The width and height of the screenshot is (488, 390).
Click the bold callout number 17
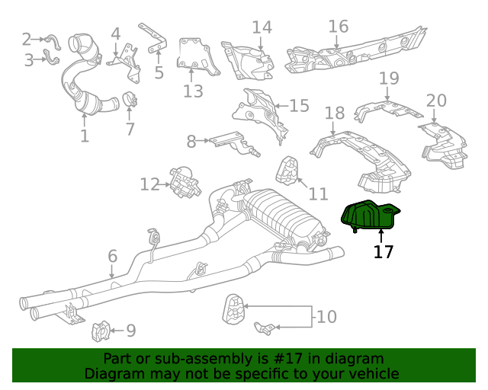[384, 251]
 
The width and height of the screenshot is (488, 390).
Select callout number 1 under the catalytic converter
[85, 136]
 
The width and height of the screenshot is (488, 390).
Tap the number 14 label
[262, 28]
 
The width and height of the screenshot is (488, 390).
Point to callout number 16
[339, 27]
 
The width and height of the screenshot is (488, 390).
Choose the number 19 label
[389, 78]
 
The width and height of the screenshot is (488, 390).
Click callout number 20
[436, 101]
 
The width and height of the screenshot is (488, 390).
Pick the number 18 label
[335, 113]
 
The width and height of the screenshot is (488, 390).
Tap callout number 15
[299, 105]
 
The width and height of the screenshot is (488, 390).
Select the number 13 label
[193, 91]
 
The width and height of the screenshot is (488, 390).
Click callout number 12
[150, 184]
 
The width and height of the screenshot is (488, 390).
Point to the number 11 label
[318, 193]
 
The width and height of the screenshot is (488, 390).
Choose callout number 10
[326, 316]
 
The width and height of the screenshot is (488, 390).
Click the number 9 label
[130, 331]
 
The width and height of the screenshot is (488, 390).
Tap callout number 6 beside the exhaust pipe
[112, 256]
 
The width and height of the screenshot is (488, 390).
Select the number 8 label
[191, 140]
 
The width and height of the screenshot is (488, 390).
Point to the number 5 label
[159, 73]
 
